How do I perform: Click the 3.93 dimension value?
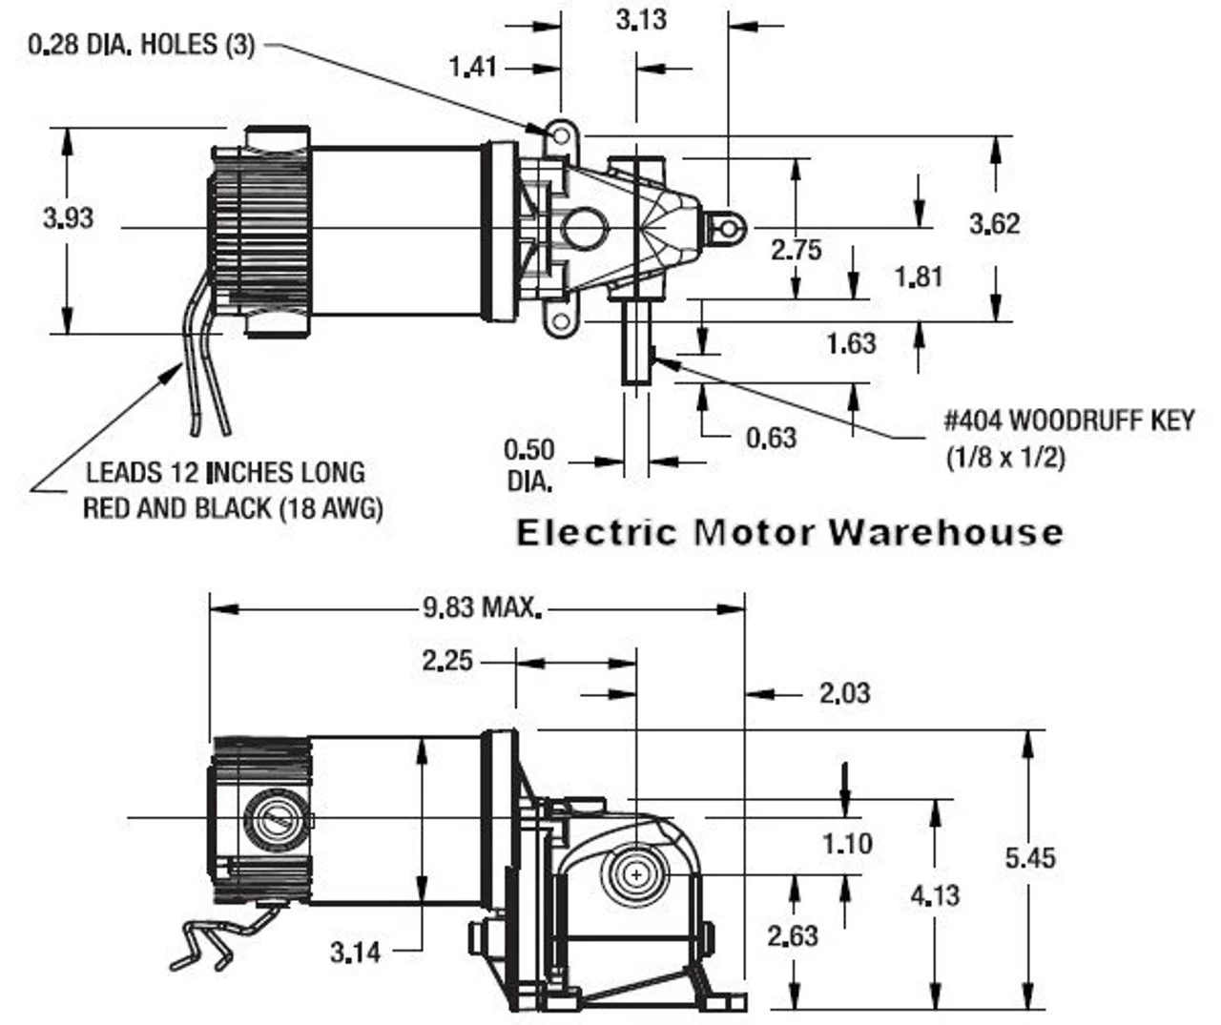pos(68,218)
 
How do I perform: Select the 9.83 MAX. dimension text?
pos(482,606)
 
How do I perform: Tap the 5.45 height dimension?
pos(1030,857)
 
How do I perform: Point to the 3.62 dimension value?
pos(994,223)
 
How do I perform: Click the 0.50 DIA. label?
pos(528,464)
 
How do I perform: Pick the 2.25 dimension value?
pos(447,660)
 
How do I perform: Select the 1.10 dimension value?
pos(847,843)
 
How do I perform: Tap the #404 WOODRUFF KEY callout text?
pos(1068,420)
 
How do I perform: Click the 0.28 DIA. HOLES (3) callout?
pos(141,45)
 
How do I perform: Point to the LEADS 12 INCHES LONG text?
pos(225,472)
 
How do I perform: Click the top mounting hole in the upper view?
pos(561,137)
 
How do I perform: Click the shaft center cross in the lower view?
pos(635,872)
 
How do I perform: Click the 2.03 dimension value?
pos(844,693)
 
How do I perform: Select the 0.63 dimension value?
pos(771,438)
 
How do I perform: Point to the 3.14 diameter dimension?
pos(355,951)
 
